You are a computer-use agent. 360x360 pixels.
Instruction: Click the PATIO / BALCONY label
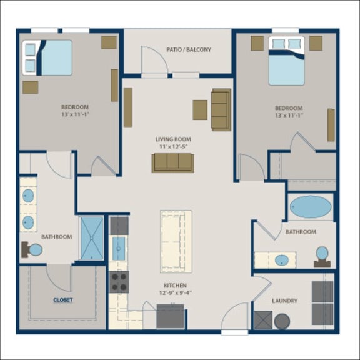pos(189,49)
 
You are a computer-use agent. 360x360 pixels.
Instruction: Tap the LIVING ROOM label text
pos(173,139)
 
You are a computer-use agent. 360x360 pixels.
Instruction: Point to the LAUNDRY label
pos(284,301)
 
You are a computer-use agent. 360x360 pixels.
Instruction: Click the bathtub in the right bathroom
pos(311,206)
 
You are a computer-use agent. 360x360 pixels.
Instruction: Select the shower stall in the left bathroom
pos(91,237)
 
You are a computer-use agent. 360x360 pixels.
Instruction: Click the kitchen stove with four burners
pos(119,281)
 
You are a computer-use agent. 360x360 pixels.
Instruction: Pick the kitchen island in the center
pos(176,241)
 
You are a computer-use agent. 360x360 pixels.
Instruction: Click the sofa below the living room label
pos(172,162)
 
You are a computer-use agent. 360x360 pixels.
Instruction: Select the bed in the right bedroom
pos(287,61)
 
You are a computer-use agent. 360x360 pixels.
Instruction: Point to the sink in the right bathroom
pos(282,259)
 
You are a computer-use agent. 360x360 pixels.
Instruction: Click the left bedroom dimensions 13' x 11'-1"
pos(74,115)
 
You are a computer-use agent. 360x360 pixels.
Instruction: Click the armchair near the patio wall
pos(221,109)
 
